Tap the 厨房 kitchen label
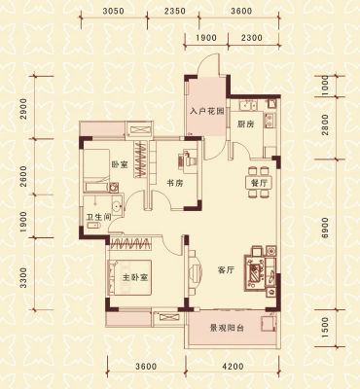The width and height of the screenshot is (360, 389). pyautogui.click(x=245, y=124)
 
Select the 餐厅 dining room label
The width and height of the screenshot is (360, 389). pyautogui.click(x=260, y=183)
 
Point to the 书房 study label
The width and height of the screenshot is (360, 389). pyautogui.click(x=175, y=184)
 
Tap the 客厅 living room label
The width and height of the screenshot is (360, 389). pyautogui.click(x=226, y=270)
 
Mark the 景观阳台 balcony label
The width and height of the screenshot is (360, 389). pyautogui.click(x=227, y=329)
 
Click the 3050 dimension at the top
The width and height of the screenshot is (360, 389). pyautogui.click(x=113, y=11)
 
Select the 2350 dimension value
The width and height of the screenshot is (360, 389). pyautogui.click(x=175, y=11)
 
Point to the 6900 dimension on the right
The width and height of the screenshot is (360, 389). pyautogui.click(x=325, y=228)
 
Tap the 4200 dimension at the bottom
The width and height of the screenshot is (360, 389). pyautogui.click(x=233, y=367)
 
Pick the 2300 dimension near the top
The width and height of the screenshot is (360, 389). pyautogui.click(x=252, y=38)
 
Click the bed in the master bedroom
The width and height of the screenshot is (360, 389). pyautogui.click(x=130, y=277)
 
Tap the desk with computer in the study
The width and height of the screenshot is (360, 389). pyautogui.click(x=188, y=159)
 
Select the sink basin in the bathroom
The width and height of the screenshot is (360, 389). pyautogui.click(x=117, y=206)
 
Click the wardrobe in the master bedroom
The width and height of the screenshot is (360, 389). pyautogui.click(x=130, y=243)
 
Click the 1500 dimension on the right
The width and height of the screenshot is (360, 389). pyautogui.click(x=325, y=328)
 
